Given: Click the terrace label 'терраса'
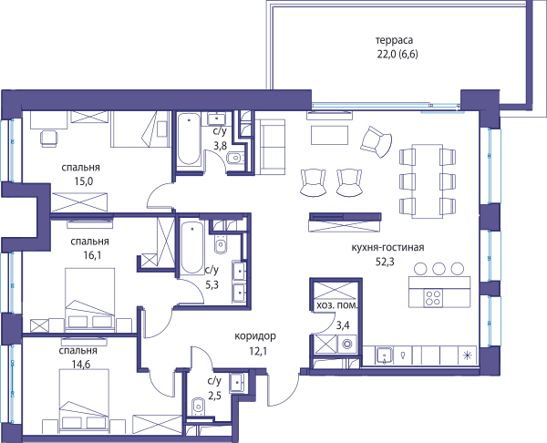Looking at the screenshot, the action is (x=394, y=40).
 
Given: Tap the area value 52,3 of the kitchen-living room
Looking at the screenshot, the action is (x=385, y=262).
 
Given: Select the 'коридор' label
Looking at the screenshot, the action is (x=255, y=336).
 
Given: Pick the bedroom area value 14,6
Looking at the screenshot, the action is (x=81, y=365).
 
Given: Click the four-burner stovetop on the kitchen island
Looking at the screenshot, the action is (x=433, y=298).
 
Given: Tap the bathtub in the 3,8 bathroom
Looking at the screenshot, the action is (x=189, y=139).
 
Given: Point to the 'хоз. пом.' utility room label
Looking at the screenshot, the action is (x=337, y=305).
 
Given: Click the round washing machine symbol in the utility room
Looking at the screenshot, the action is (x=347, y=344).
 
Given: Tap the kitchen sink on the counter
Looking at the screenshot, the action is (x=384, y=355).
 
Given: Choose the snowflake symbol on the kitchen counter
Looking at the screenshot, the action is (x=467, y=355).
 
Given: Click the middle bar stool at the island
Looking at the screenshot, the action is (x=439, y=268).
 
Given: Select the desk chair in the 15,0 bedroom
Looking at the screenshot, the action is (x=49, y=139).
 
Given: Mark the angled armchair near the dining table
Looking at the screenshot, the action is (x=377, y=141).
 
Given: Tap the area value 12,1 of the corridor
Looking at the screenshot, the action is (x=258, y=351).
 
